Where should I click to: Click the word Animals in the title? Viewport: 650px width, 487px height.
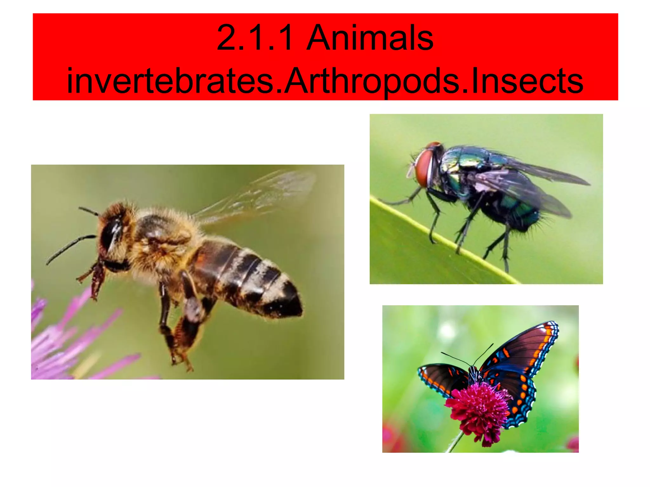(x=369, y=38)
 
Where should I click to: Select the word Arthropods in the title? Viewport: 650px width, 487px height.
(x=371, y=81)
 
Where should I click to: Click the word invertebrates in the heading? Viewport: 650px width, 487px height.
(x=170, y=81)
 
